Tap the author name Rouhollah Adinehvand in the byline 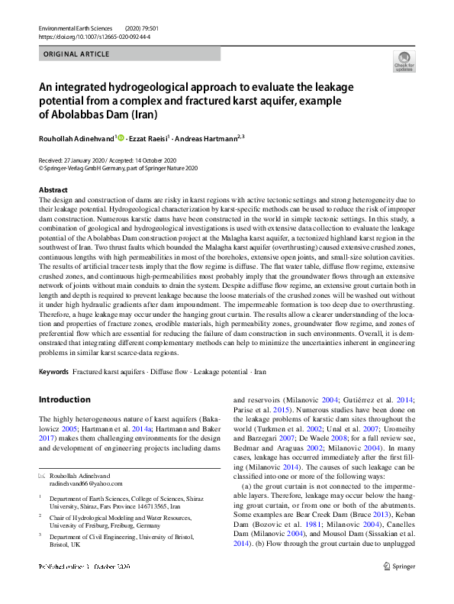(x=77, y=138)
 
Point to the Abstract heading (x=53, y=189)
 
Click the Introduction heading (x=64, y=399)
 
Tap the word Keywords (x=53, y=371)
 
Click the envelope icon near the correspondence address (x=42, y=476)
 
